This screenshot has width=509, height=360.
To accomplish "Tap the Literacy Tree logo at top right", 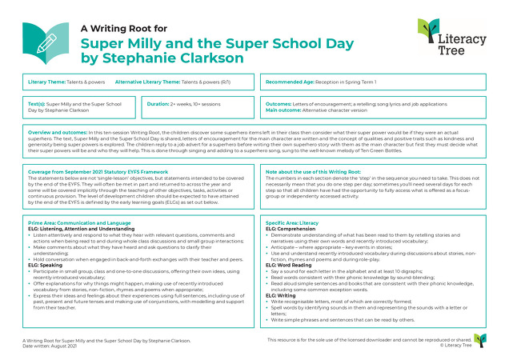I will coord(451,38).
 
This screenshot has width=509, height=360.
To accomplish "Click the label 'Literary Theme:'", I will coord(47,82).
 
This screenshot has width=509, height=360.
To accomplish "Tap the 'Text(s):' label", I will coord(37,103).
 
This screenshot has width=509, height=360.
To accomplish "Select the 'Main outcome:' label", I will coord(283,110).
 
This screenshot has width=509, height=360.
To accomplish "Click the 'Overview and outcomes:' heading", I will coord(55,131).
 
